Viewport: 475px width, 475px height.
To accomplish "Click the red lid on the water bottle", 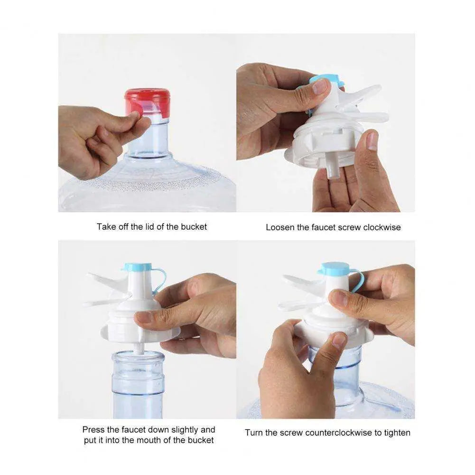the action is pos(147,102).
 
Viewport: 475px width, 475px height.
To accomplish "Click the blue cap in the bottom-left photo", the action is pos(137,267).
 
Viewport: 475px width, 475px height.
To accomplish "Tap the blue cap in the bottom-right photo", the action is pos(334,269).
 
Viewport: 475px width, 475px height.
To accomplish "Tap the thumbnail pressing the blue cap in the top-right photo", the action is pos(320,86).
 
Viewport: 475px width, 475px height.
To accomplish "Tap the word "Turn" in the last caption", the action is pos(254,433).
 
